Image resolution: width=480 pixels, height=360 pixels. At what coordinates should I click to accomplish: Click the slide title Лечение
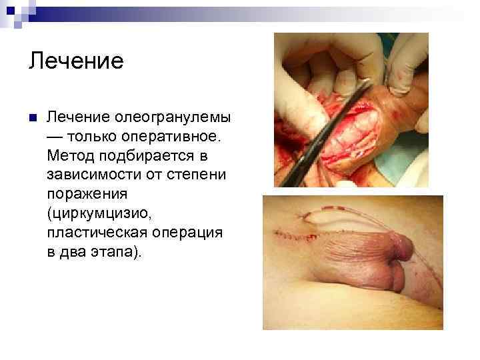76,61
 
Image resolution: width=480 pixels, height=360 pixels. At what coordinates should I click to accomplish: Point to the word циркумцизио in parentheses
101,215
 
